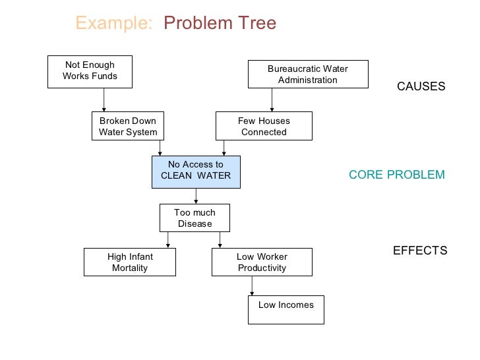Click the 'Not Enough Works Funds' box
pos(90,71)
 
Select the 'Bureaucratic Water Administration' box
pos(307,74)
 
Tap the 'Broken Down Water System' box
pos(128,126)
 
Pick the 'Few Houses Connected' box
pos(264,126)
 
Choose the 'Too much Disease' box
pos(195,218)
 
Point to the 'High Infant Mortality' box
pos(130,262)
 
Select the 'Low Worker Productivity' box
pos(262,262)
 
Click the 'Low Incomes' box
pos(285,309)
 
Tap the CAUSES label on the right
pos(421,86)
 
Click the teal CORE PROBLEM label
pos(396,175)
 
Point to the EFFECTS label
pos(420,251)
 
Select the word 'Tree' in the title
pos(255,24)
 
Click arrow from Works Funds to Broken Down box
pos(104,100)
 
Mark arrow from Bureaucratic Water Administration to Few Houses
pos(271,100)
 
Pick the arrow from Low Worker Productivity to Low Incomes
pos(252,285)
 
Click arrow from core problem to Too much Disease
pos(196,196)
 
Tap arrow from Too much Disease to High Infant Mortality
pos(168,240)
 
